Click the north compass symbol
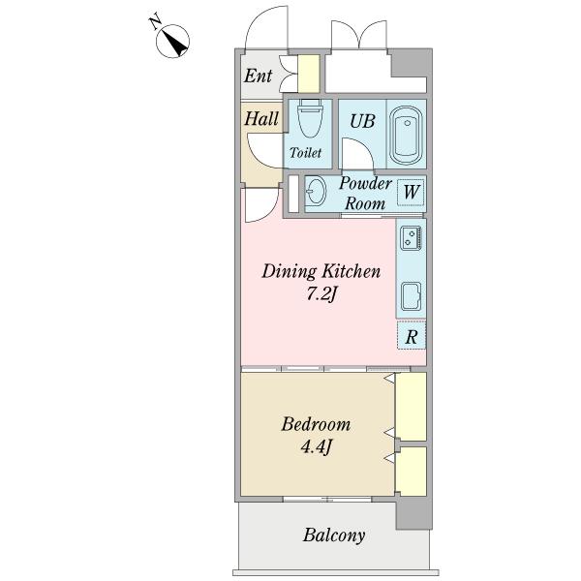click(172, 41)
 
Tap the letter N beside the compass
click(155, 21)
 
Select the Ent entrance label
click(258, 76)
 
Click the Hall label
click(261, 118)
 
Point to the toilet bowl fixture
click(311, 118)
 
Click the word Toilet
click(305, 152)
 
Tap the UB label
click(362, 121)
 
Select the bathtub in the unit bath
click(407, 136)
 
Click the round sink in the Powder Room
click(316, 191)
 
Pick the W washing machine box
click(411, 193)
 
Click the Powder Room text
click(365, 194)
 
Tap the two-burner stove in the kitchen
click(411, 237)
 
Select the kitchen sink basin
click(412, 296)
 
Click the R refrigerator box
click(412, 336)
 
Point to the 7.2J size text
click(321, 294)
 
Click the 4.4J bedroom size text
click(316, 447)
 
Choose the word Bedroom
click(316, 424)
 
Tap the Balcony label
click(334, 535)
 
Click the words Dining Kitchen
click(321, 271)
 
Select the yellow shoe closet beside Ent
click(309, 74)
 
